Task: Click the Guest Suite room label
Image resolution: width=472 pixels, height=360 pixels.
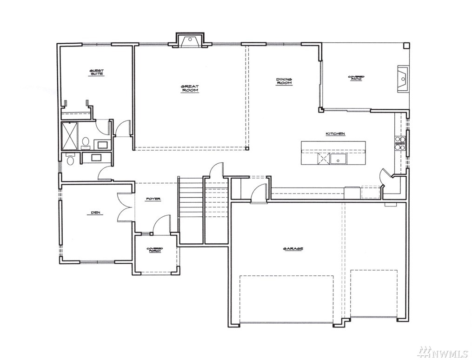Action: tap(97, 73)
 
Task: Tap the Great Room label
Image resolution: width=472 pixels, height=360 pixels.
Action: tap(190, 88)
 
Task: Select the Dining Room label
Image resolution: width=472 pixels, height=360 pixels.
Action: tap(284, 81)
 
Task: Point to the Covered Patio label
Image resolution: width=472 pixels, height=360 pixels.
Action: tap(356, 78)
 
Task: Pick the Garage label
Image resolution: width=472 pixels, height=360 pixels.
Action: tap(293, 249)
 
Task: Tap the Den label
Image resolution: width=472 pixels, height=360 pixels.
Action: tap(97, 213)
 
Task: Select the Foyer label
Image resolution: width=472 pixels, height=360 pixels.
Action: tap(153, 199)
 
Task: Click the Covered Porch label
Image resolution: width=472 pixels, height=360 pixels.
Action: tap(155, 250)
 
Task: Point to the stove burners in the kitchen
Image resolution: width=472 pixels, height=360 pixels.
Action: tap(400, 143)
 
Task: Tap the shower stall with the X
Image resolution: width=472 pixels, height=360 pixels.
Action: tap(70, 136)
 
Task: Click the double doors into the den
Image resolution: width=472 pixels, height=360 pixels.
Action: tap(125, 207)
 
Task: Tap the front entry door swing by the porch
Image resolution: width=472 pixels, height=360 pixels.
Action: tap(161, 224)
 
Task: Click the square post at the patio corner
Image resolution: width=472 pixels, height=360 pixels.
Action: tap(406, 46)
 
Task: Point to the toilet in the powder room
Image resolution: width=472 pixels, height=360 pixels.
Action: tap(70, 160)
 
